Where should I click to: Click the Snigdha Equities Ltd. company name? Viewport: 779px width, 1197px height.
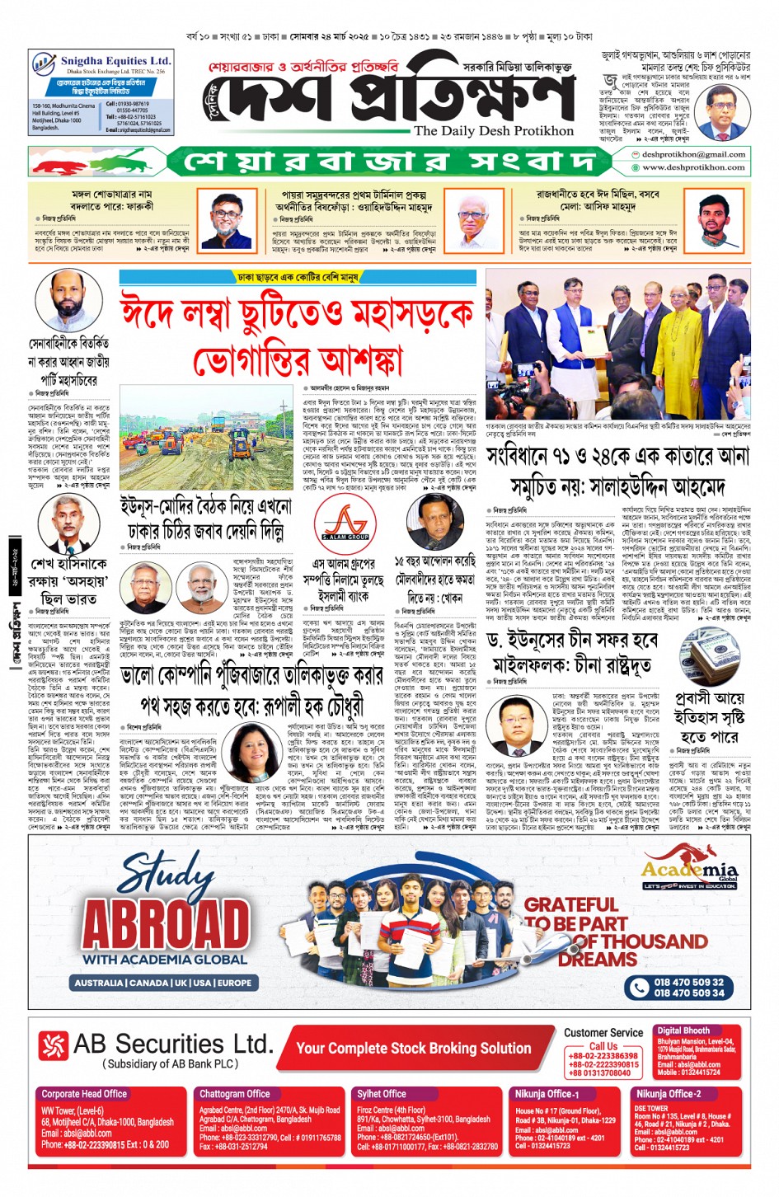(115, 61)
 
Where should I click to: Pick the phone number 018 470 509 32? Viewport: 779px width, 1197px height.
(688, 982)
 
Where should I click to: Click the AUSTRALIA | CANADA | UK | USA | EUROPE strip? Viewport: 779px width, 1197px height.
(163, 983)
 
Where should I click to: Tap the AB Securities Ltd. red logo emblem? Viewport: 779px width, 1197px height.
(54, 1045)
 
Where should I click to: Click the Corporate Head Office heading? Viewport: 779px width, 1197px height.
(84, 1094)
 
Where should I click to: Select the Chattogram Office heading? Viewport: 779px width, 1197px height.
(235, 1094)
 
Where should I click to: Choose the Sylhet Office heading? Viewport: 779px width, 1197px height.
(381, 1094)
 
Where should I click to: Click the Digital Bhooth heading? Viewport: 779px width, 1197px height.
(683, 1030)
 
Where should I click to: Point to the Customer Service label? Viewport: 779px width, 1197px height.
(603, 1032)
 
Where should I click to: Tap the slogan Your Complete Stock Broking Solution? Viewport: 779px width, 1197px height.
(414, 1049)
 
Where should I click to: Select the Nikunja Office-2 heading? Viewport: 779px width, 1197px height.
(668, 1094)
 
